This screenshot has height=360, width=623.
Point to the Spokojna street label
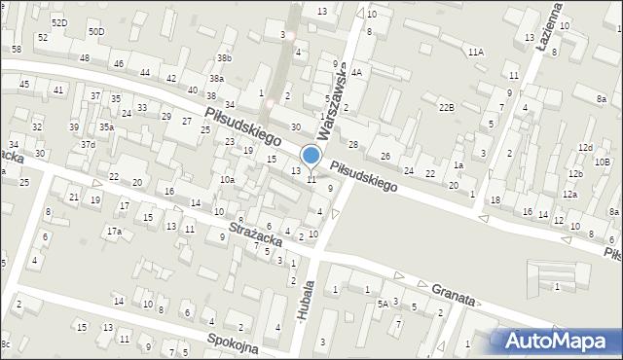(x=233, y=343)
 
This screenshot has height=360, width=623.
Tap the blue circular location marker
(x=311, y=156)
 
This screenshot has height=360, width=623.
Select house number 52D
(x=59, y=21)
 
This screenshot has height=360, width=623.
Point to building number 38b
(x=224, y=58)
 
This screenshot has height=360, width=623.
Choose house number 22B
(x=446, y=107)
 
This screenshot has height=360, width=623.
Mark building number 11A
(x=475, y=51)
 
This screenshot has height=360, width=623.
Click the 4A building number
(x=357, y=72)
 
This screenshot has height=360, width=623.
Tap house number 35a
(x=105, y=126)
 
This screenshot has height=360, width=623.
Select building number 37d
(x=88, y=144)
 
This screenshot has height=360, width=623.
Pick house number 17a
(x=114, y=231)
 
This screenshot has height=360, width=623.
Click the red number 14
(x=196, y=202)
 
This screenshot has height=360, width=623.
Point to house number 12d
(x=584, y=147)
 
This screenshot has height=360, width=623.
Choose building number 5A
(x=384, y=304)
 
